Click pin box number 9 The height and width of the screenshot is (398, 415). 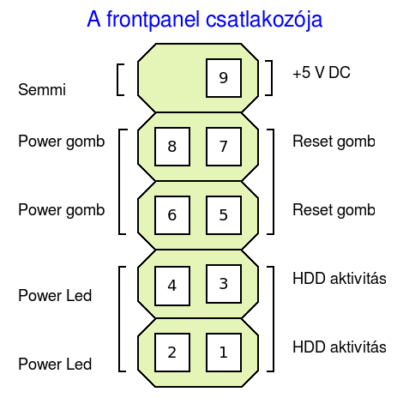(224, 78)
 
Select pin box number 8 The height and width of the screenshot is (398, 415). (172, 147)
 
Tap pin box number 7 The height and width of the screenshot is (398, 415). (224, 147)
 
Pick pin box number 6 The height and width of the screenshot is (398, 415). (172, 215)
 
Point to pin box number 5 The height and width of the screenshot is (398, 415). (224, 215)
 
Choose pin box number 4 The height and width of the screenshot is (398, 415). (172, 286)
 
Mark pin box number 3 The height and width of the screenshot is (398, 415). (224, 284)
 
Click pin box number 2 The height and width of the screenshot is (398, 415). (172, 353)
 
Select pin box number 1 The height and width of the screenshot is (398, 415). (224, 353)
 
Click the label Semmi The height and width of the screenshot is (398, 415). (42, 89)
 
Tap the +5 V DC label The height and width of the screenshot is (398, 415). (322, 72)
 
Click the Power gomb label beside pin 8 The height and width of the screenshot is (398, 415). (62, 142)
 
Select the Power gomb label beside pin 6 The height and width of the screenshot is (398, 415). (62, 210)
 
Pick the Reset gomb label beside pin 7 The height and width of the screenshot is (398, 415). (334, 142)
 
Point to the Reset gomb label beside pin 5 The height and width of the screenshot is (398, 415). (334, 210)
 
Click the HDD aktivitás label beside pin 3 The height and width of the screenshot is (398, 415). (340, 278)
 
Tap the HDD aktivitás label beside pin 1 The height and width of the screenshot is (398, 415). (340, 347)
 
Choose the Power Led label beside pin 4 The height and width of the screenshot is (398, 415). (55, 295)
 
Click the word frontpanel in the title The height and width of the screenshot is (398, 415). (153, 20)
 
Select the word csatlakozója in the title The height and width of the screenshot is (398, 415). (264, 20)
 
